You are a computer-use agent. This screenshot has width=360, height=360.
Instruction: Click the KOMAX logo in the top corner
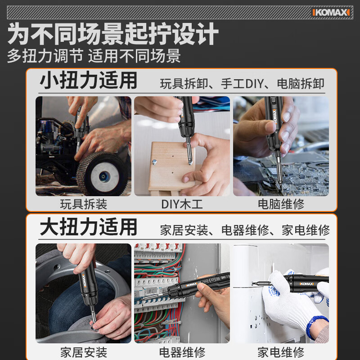pyautogui.click(x=331, y=12)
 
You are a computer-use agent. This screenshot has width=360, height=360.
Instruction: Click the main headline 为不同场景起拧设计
pyautogui.click(x=113, y=34)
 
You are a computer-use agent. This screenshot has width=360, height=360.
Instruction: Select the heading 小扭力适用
pyautogui.click(x=88, y=81)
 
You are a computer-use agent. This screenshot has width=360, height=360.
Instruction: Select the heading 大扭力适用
pyautogui.click(x=88, y=227)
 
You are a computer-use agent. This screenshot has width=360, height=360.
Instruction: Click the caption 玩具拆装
pyautogui.click(x=84, y=204)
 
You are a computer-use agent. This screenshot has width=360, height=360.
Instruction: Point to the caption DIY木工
pyautogui.click(x=182, y=204)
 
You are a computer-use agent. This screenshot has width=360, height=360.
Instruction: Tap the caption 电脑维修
pyautogui.click(x=281, y=204)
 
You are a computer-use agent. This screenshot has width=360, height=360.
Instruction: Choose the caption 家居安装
pyautogui.click(x=84, y=351)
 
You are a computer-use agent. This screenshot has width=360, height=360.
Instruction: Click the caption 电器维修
pyautogui.click(x=182, y=351)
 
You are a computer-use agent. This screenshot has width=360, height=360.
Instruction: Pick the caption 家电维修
pyautogui.click(x=281, y=351)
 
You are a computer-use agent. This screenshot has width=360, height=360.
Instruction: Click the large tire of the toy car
pyautogui.click(x=101, y=173)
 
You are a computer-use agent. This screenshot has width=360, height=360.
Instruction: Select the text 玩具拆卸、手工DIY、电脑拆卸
pyautogui.click(x=242, y=84)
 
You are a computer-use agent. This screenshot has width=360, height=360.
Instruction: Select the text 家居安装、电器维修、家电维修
pyautogui.click(x=245, y=230)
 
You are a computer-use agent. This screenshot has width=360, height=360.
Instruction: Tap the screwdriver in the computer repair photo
pyautogui.click(x=275, y=126)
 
